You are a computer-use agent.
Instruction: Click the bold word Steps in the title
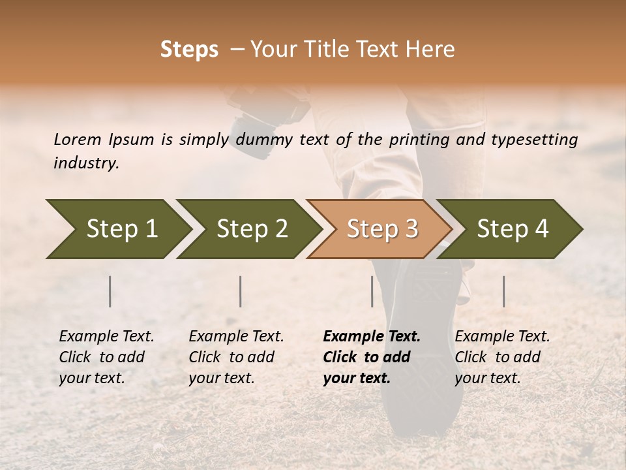click(x=189, y=50)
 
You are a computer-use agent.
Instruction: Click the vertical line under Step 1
click(x=110, y=291)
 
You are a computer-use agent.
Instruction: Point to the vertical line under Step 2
click(x=241, y=291)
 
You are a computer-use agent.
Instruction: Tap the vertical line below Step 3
click(x=372, y=291)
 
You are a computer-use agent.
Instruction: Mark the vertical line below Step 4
click(x=503, y=291)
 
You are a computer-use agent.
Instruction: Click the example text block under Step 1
click(x=106, y=357)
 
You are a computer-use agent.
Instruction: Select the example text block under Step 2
click(x=236, y=357)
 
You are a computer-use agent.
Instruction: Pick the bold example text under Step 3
click(x=372, y=357)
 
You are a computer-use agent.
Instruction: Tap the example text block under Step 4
click(x=502, y=357)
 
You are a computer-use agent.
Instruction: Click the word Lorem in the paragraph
click(x=78, y=139)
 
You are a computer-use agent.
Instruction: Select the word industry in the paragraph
click(x=86, y=163)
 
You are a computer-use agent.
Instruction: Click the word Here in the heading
click(x=432, y=50)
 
